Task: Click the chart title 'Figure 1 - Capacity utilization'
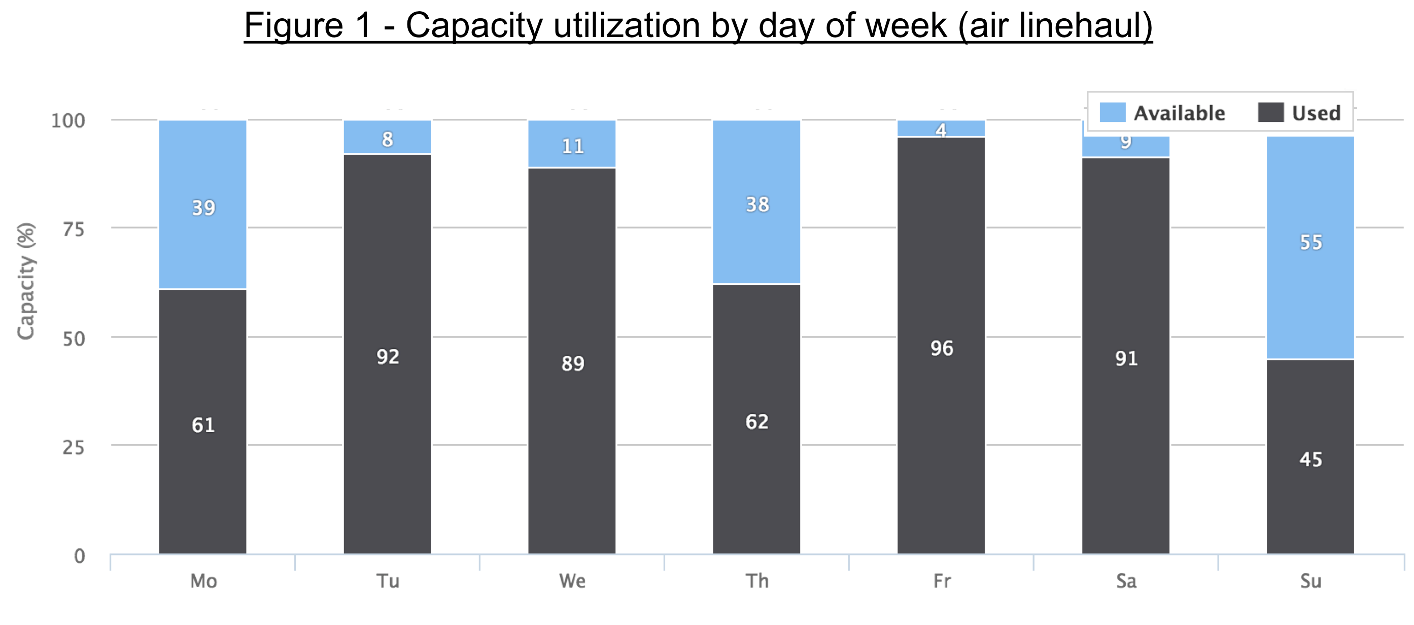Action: tap(698, 25)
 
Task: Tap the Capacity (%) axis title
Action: tap(26, 281)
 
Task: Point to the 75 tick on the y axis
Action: tap(74, 229)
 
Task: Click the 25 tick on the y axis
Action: tap(74, 448)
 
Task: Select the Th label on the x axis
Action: tap(757, 581)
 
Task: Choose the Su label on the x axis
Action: tap(1311, 581)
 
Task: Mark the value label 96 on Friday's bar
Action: tap(941, 348)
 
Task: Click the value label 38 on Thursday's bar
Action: tap(757, 205)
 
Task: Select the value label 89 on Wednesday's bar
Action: tap(572, 364)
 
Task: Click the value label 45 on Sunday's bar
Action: tap(1310, 459)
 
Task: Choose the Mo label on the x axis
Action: tap(203, 581)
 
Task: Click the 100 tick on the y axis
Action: tap(68, 121)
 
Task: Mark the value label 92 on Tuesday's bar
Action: tap(388, 357)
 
